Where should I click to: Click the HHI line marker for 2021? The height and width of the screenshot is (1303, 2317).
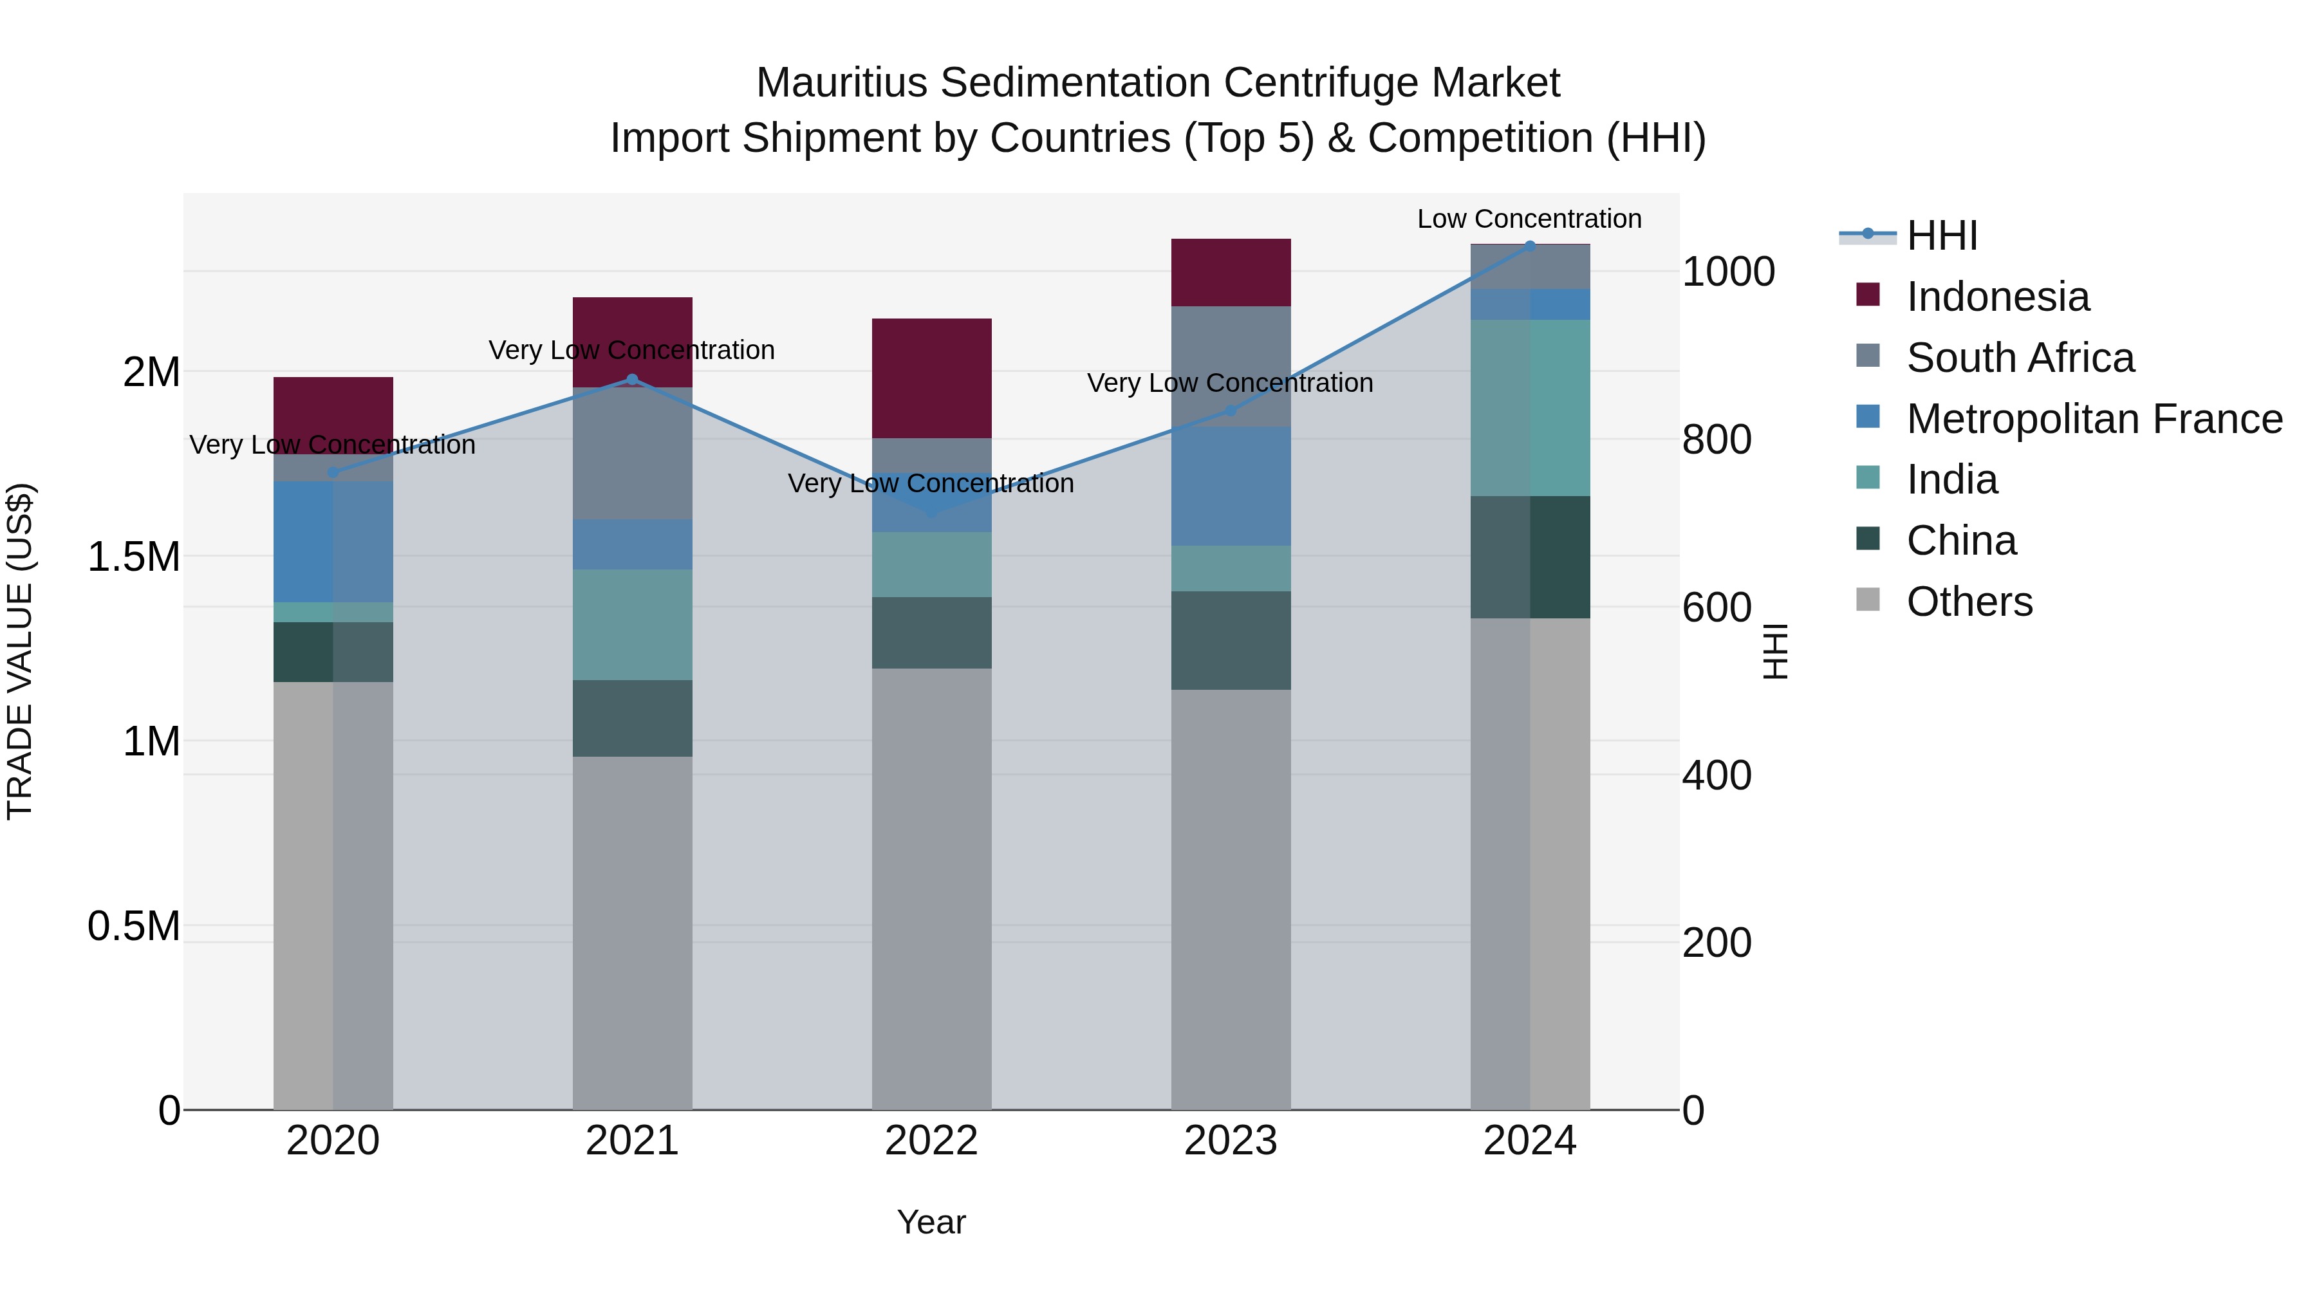click(631, 380)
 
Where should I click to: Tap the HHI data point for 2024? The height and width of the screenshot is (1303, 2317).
click(1530, 246)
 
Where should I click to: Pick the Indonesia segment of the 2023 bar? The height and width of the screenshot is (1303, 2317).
click(1231, 272)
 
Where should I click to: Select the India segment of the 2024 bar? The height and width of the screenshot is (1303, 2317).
click(1530, 407)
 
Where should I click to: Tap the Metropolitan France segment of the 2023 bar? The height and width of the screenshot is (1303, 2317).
click(1231, 486)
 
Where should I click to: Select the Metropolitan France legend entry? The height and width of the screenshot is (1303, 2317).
click(2094, 419)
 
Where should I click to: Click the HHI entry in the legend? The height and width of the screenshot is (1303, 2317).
click(1941, 236)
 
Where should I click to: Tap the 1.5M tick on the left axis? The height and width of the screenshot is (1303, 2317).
click(133, 557)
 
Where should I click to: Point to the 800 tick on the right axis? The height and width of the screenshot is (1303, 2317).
click(1716, 439)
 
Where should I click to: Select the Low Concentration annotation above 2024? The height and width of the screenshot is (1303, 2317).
click(1529, 219)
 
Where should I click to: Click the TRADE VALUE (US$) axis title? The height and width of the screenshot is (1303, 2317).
click(20, 651)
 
